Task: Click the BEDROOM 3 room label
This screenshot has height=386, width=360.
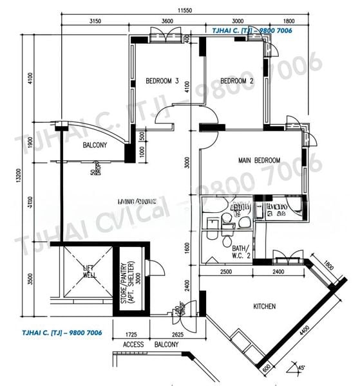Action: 162,81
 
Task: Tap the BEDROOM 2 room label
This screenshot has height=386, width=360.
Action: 236,81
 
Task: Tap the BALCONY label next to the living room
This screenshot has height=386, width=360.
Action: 95,146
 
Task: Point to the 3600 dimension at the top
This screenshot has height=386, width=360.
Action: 167,22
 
